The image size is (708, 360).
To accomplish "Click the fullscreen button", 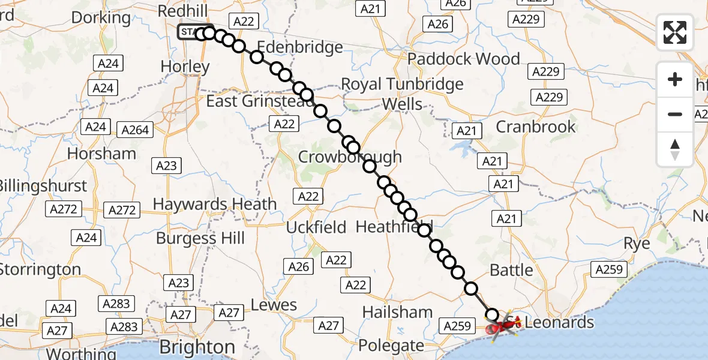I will point(675,32).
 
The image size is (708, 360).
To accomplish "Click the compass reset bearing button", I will point(675,149).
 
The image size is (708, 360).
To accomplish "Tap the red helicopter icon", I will point(499,327).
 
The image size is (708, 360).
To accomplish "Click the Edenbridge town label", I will point(300,47).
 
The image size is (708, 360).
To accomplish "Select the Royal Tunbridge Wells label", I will point(402,94).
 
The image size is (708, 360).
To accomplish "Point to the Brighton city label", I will point(197,347).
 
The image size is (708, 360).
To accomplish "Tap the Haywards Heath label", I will point(214,204).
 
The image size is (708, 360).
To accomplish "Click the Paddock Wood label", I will point(464,59).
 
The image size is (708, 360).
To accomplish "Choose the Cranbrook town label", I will point(536,127).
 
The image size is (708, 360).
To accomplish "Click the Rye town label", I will point(637,244).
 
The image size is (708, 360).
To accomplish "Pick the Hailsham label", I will point(397,312).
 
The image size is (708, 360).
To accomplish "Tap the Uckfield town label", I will point(316,227).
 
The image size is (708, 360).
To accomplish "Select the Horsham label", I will point(101,154).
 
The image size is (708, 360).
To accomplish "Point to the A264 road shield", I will point(135,130).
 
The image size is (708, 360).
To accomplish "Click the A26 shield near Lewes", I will point(298,267).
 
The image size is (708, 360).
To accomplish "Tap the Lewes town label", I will point(274,305).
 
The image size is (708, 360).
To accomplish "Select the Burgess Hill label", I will point(200,238).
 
